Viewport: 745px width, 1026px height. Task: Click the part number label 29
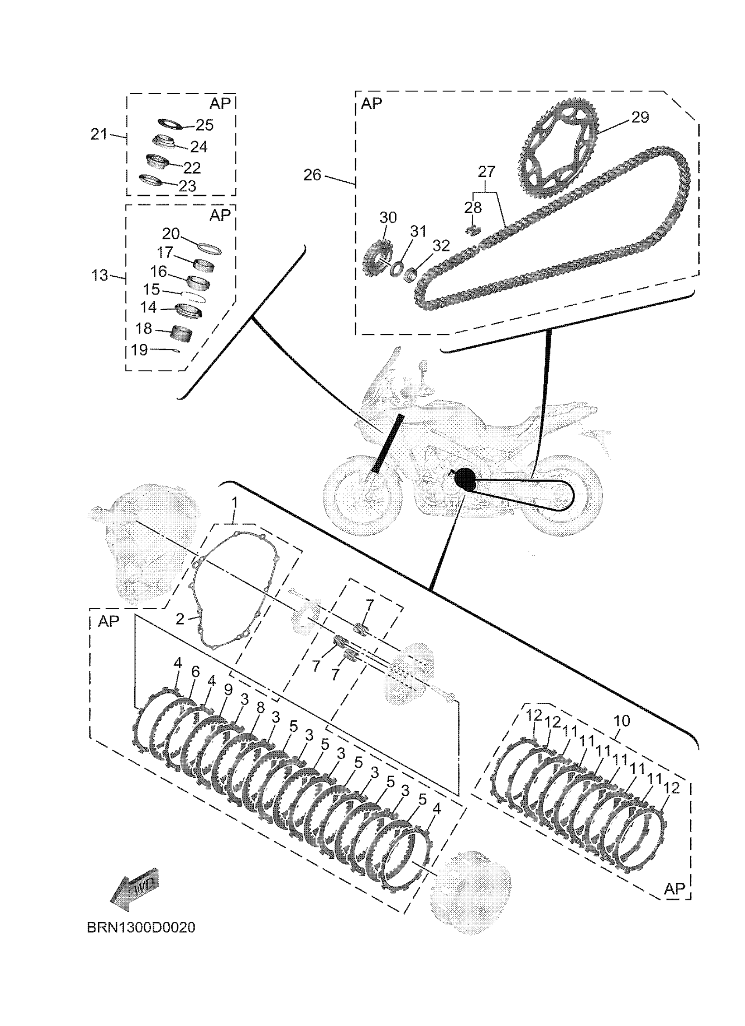click(639, 117)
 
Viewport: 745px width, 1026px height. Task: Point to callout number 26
click(312, 175)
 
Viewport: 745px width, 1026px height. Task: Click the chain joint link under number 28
click(472, 230)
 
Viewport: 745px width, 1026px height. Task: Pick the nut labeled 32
click(410, 274)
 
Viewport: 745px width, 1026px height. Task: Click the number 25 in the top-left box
click(205, 125)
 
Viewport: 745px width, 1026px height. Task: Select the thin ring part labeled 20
click(210, 248)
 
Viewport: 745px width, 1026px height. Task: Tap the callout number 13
click(99, 275)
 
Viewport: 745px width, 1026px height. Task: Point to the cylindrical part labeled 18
click(181, 335)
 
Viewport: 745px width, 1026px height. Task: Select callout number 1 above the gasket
click(234, 503)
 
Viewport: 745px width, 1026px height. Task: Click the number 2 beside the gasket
click(180, 619)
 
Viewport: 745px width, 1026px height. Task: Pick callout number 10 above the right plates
click(621, 721)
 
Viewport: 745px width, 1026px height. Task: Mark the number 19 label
click(139, 350)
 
